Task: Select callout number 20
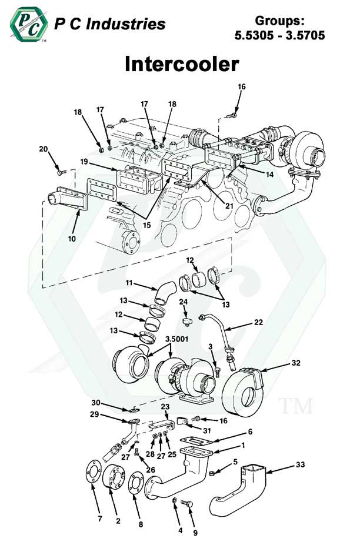tap(44, 149)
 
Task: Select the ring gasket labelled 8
tap(135, 487)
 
